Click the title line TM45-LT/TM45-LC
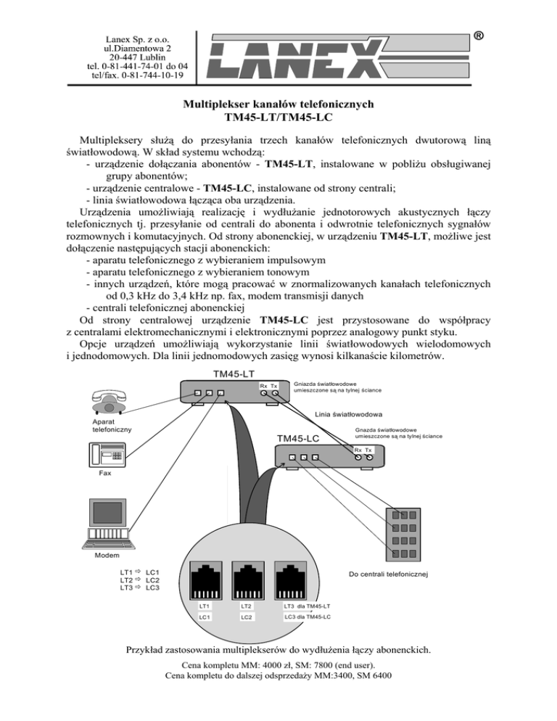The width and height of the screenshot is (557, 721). pyautogui.click(x=278, y=117)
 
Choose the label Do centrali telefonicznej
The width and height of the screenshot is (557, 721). pyautogui.click(x=388, y=574)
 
